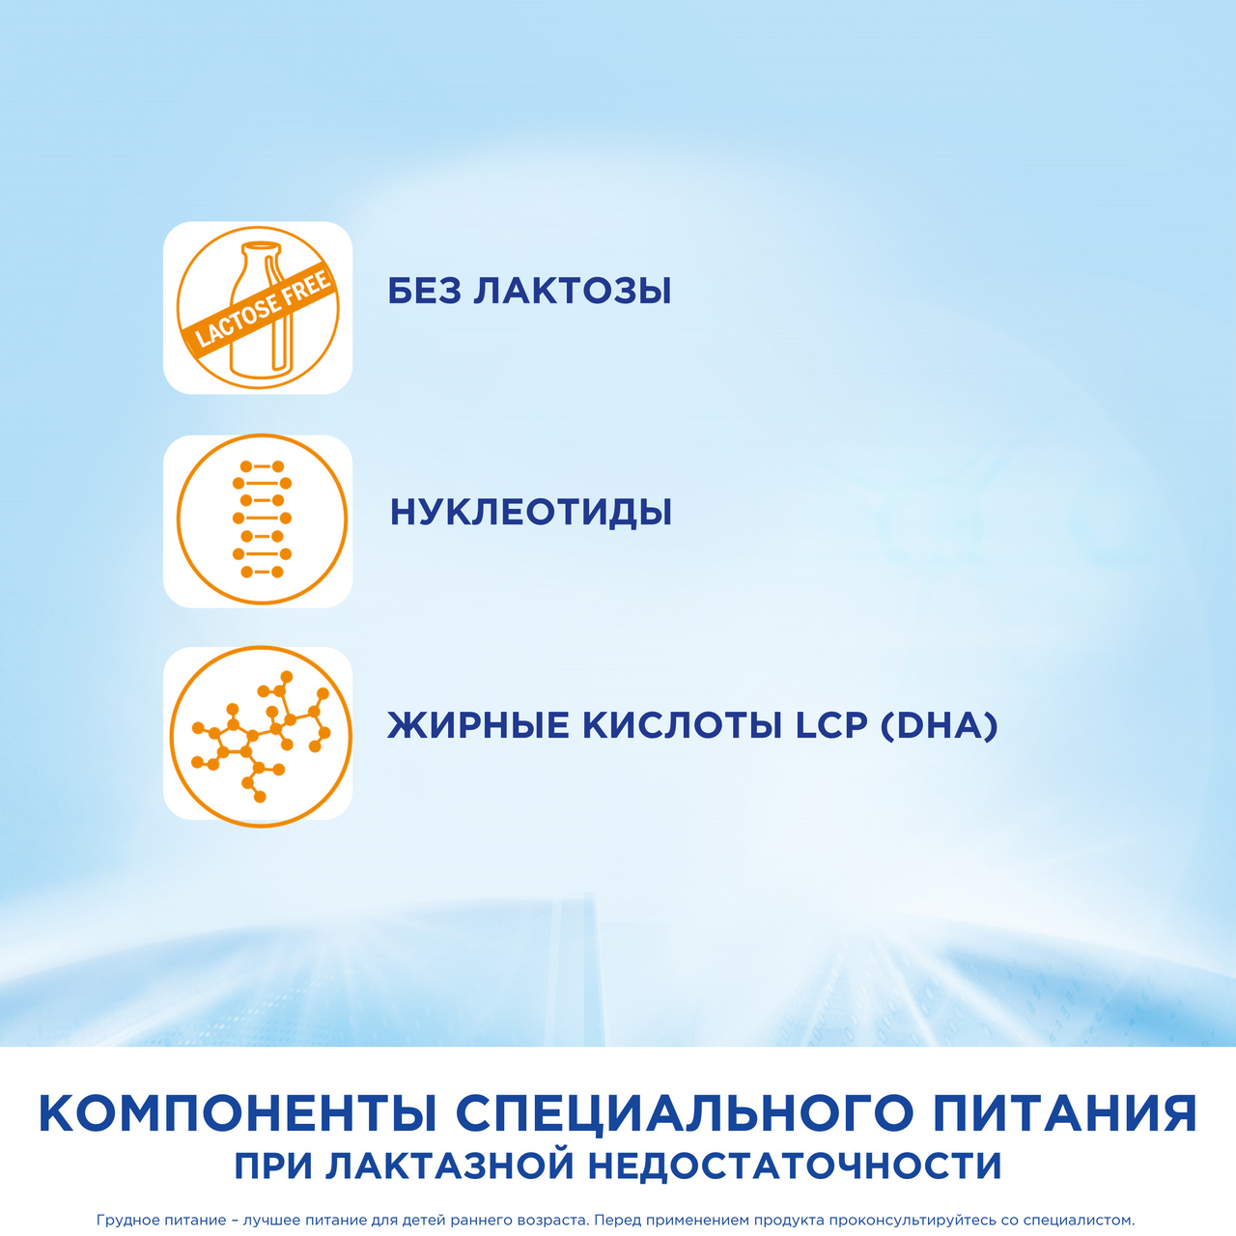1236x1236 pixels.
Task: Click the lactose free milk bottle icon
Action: pyautogui.click(x=258, y=308)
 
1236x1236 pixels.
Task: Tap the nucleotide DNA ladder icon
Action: pyautogui.click(x=262, y=520)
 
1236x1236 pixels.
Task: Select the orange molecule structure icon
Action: pyautogui.click(x=260, y=734)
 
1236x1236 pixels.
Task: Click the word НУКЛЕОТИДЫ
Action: pyautogui.click(x=530, y=512)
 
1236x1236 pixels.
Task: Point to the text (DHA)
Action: pyautogui.click(x=939, y=725)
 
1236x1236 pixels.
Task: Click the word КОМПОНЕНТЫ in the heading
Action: pyautogui.click(x=239, y=1113)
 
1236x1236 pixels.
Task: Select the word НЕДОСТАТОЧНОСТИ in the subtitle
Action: pyautogui.click(x=795, y=1166)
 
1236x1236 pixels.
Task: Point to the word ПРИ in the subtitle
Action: pyautogui.click(x=273, y=1166)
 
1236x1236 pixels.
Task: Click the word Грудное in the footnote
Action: pyautogui.click(x=126, y=1221)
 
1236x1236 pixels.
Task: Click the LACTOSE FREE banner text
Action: pyautogui.click(x=264, y=308)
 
